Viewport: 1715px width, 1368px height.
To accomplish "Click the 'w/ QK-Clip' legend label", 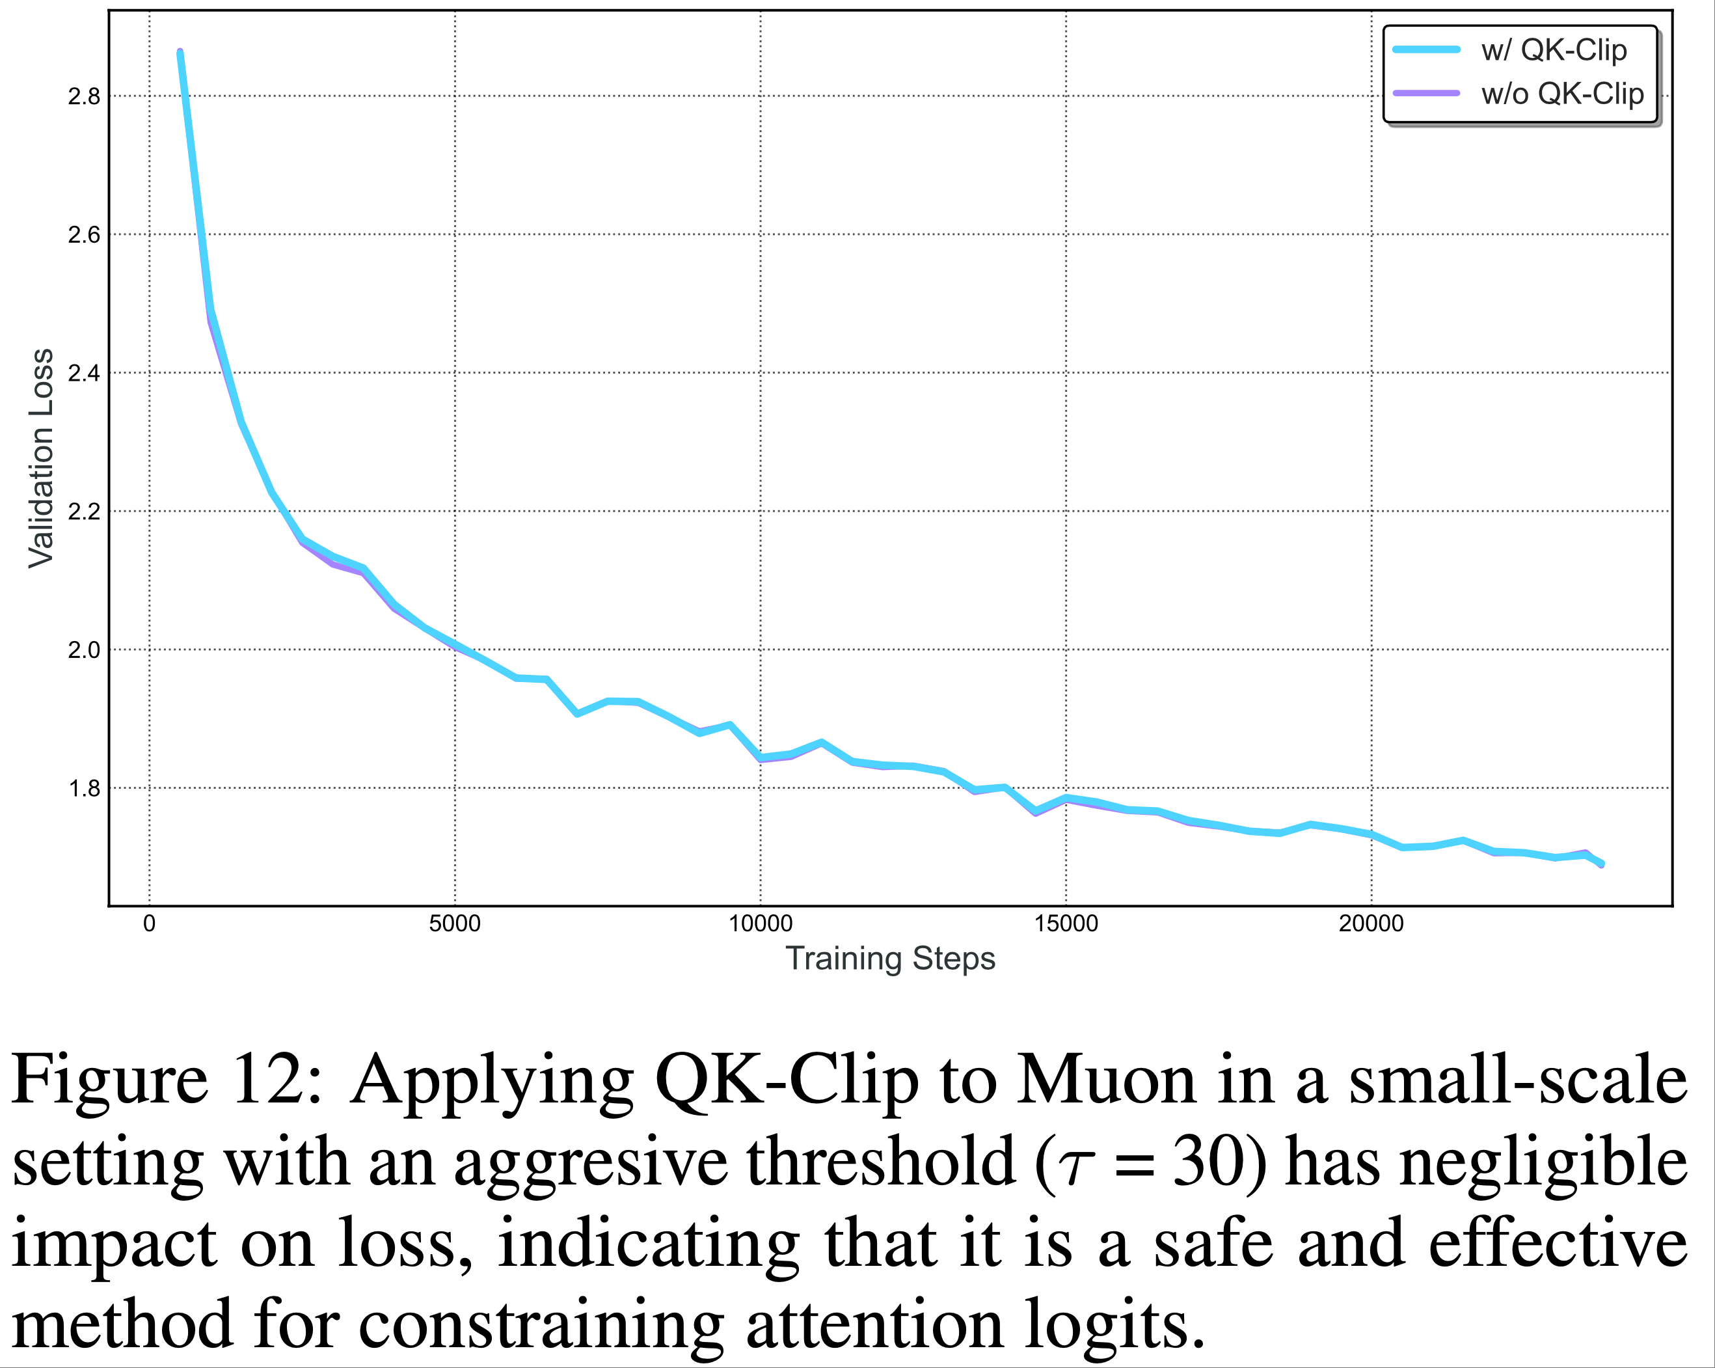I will pos(1553,50).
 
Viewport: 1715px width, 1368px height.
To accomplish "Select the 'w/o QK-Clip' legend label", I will pos(1561,94).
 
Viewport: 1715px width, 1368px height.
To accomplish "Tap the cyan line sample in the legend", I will pos(1426,49).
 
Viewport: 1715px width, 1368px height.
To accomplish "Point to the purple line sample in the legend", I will pos(1426,93).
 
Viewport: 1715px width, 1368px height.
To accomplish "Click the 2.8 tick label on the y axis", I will pos(85,96).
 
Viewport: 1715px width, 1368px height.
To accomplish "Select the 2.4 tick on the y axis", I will pos(85,373).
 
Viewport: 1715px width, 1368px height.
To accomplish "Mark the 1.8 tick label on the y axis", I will pos(85,789).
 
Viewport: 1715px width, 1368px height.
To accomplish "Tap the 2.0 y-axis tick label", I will pos(85,650).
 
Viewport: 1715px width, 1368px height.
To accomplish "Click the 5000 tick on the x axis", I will pos(454,924).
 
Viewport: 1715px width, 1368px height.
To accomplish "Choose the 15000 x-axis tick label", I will pos(1065,924).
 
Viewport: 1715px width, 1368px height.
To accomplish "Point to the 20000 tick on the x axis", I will pos(1371,924).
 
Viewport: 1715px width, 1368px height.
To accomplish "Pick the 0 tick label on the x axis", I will pos(149,924).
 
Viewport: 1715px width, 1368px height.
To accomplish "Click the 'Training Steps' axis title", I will pos(890,958).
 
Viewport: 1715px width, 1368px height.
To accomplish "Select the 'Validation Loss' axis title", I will pos(42,458).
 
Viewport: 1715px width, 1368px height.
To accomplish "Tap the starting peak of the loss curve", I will pos(181,53).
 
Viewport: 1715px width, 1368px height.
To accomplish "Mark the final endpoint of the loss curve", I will pos(1600,864).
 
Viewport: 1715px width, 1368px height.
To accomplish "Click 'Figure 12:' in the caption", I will pos(167,1081).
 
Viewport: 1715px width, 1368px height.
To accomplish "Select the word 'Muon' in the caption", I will pos(1107,1081).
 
